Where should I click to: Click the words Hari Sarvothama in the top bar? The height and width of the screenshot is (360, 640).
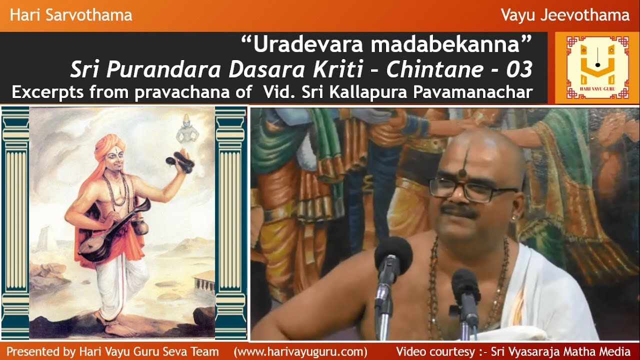pos(71,15)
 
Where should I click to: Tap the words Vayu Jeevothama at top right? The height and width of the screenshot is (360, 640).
pos(565,15)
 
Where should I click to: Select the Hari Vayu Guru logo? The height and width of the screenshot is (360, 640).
pos(597,67)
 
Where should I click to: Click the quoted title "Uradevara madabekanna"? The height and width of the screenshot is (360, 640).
pos(386,45)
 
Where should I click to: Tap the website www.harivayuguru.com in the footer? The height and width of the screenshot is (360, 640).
pos(300,351)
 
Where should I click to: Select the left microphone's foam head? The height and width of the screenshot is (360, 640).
pos(393,254)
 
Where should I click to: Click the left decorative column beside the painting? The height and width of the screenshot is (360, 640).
pos(15,222)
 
